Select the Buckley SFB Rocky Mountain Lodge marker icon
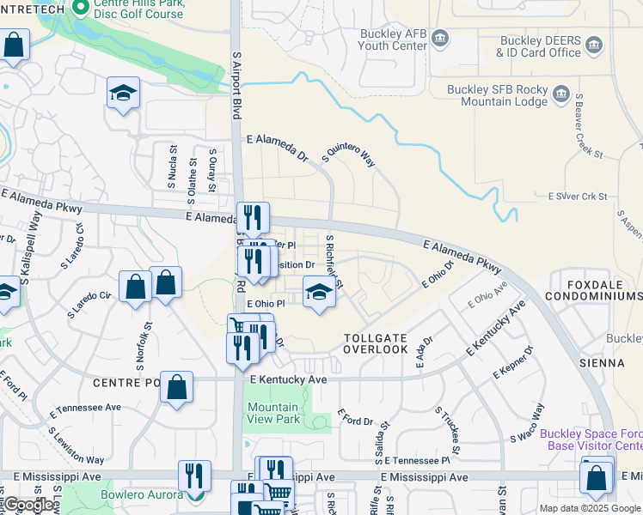coord(561,93)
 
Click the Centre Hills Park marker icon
coord(81,9)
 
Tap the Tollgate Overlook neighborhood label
coord(376,343)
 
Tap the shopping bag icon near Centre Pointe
coord(176,388)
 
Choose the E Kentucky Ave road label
coord(288,379)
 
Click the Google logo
coord(28,505)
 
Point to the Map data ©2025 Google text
coord(590,508)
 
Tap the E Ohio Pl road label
coord(265,304)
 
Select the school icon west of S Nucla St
coord(124,94)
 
